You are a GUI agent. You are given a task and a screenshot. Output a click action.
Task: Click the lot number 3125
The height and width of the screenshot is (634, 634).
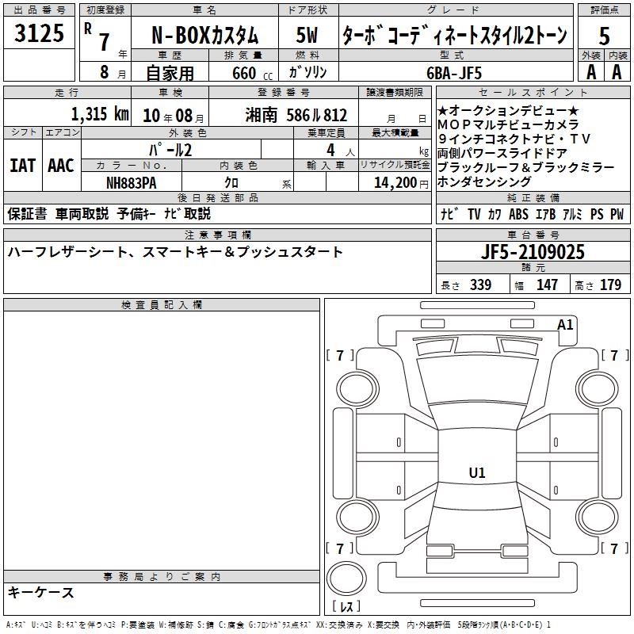pos(39,33)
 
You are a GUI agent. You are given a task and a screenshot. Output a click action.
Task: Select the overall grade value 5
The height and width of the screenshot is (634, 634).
pos(604,36)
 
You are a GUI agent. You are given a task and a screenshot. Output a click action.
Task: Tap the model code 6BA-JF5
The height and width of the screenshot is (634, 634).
pos(454,73)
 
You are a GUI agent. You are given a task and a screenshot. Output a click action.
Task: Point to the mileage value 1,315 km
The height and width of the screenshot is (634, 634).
pos(100,114)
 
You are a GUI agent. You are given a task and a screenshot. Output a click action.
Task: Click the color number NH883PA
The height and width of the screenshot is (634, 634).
pos(131,183)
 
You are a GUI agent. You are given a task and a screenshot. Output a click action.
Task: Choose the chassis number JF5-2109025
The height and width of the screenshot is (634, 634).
pos(533,252)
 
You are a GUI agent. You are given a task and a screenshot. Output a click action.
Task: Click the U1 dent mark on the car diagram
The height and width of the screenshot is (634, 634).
pos(477,472)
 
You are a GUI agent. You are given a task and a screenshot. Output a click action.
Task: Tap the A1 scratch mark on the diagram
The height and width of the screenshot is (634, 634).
pos(565,325)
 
